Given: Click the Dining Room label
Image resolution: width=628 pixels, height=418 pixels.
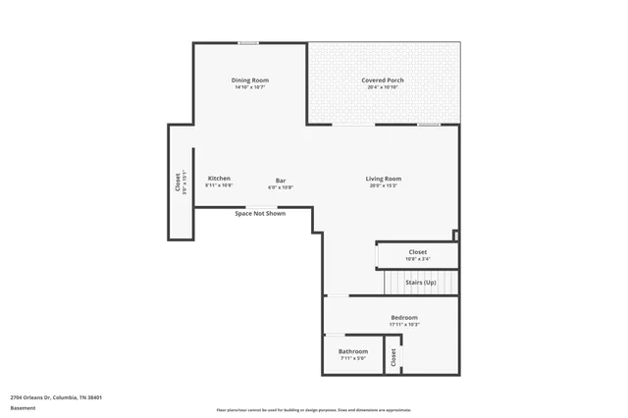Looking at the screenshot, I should click(250, 79).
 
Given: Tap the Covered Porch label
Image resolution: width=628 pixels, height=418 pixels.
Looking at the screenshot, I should click(382, 79).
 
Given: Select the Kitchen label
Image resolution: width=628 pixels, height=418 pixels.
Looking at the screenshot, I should click(219, 178).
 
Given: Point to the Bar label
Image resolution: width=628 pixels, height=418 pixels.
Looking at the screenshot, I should click(281, 180).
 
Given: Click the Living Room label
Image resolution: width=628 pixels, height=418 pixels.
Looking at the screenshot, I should click(383, 178).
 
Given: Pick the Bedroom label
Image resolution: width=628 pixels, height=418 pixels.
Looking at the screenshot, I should click(404, 317).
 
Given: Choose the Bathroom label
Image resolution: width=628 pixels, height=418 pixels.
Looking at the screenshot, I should click(353, 350).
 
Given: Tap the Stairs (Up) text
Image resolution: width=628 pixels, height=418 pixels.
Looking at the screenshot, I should click(420, 282).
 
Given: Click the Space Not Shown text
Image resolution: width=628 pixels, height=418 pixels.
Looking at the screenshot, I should click(260, 213).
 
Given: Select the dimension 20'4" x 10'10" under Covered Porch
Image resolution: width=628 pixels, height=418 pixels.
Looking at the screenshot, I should click(382, 87).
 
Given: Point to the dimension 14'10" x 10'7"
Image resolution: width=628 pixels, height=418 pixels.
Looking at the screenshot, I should click(250, 87).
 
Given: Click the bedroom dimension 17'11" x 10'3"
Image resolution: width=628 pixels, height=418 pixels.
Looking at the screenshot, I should click(404, 325).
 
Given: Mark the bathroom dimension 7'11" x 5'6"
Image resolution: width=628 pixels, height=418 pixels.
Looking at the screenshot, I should click(353, 358).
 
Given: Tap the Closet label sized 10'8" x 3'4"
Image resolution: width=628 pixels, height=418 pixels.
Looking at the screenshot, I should click(418, 252).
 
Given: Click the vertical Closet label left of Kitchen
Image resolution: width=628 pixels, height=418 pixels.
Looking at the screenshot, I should click(178, 183).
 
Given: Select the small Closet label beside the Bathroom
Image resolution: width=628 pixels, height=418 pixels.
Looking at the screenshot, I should click(392, 358).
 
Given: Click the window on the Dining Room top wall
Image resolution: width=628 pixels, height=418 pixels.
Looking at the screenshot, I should click(248, 42).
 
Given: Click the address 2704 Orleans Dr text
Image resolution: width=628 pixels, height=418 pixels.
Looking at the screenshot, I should click(56, 397).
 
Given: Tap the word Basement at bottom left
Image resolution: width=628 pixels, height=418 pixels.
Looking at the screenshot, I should click(23, 407).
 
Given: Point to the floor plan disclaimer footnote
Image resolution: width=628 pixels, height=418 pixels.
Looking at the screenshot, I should click(314, 410).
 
